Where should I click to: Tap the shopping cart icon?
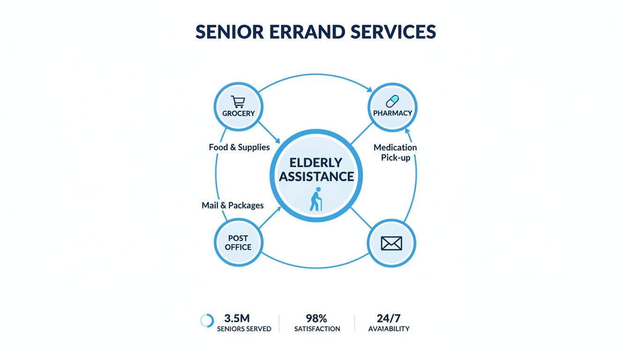238,102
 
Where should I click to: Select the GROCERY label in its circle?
239,113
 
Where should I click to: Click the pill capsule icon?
392,101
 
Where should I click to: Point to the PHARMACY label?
392,113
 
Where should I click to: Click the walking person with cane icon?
316,199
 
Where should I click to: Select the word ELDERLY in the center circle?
315,162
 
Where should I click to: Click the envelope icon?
392,243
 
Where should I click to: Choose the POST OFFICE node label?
238,243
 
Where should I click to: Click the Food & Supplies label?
239,147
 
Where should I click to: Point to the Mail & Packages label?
232,205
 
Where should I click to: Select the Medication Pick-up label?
395,152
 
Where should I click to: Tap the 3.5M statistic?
237,318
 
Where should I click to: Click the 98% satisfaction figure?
317,318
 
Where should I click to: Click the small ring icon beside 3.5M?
207,321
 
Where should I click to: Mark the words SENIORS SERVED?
244,329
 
